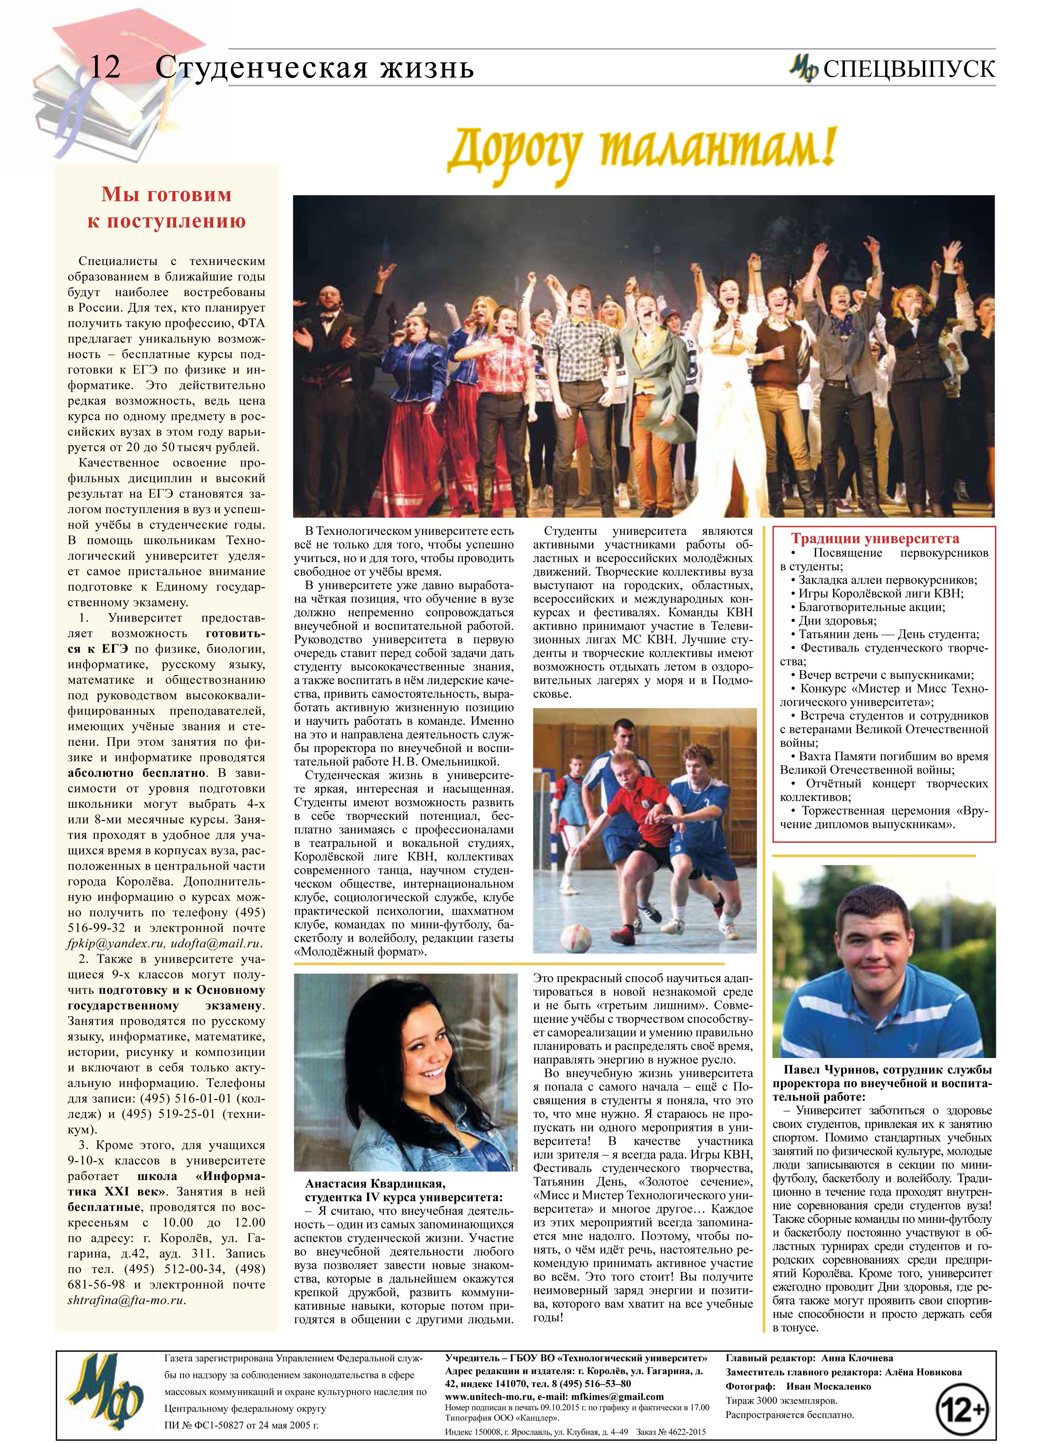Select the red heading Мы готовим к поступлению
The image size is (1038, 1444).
(x=166, y=207)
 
